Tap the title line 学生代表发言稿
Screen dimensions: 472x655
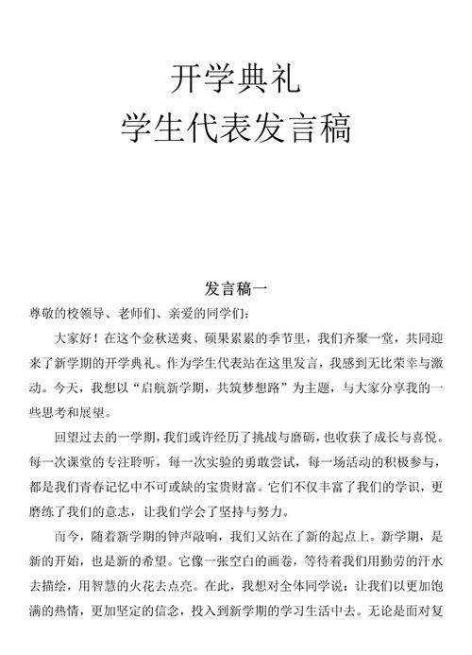pyautogui.click(x=236, y=129)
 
